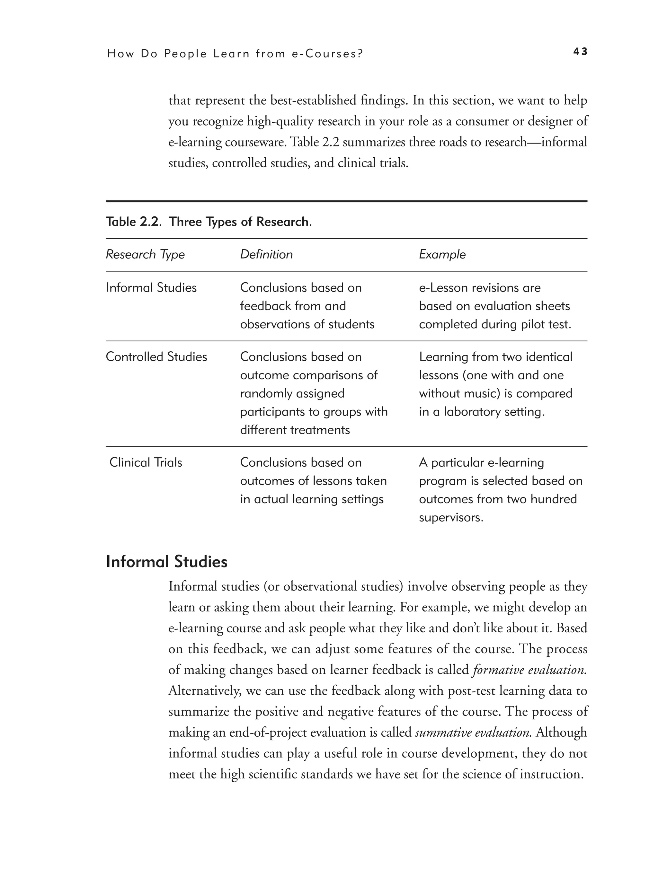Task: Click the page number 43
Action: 580,51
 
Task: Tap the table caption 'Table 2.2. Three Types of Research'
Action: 208,222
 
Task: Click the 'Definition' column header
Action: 266,255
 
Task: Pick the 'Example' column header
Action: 442,255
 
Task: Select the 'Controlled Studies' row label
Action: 156,357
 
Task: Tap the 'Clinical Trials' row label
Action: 146,462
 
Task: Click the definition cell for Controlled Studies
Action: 313,393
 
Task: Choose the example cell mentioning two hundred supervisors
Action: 500,490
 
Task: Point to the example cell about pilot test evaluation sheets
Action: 494,306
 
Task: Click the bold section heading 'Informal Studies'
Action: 167,562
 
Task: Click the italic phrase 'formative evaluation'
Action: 529,670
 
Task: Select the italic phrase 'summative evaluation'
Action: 473,733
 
